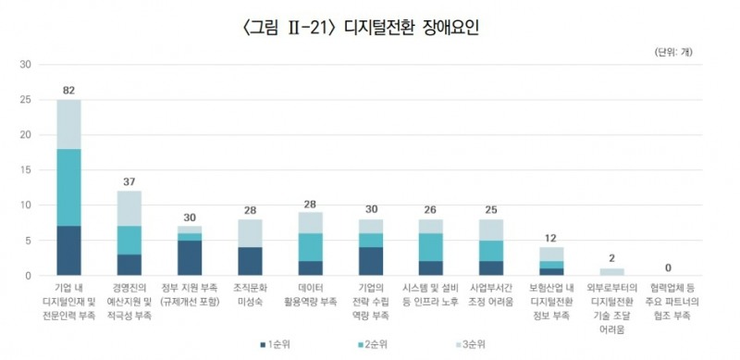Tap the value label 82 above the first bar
point(68,90)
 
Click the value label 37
point(129,180)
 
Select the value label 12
point(551,237)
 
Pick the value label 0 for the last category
point(671,266)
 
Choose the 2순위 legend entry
point(369,344)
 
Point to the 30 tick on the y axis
point(26,65)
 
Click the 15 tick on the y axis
point(26,170)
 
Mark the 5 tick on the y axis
point(29,241)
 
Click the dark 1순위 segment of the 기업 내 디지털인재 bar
point(68,251)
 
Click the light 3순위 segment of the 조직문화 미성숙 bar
point(250,233)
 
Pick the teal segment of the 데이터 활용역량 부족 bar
point(310,247)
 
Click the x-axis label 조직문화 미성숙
point(250,296)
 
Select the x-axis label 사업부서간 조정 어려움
point(491,296)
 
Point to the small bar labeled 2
point(611,272)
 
